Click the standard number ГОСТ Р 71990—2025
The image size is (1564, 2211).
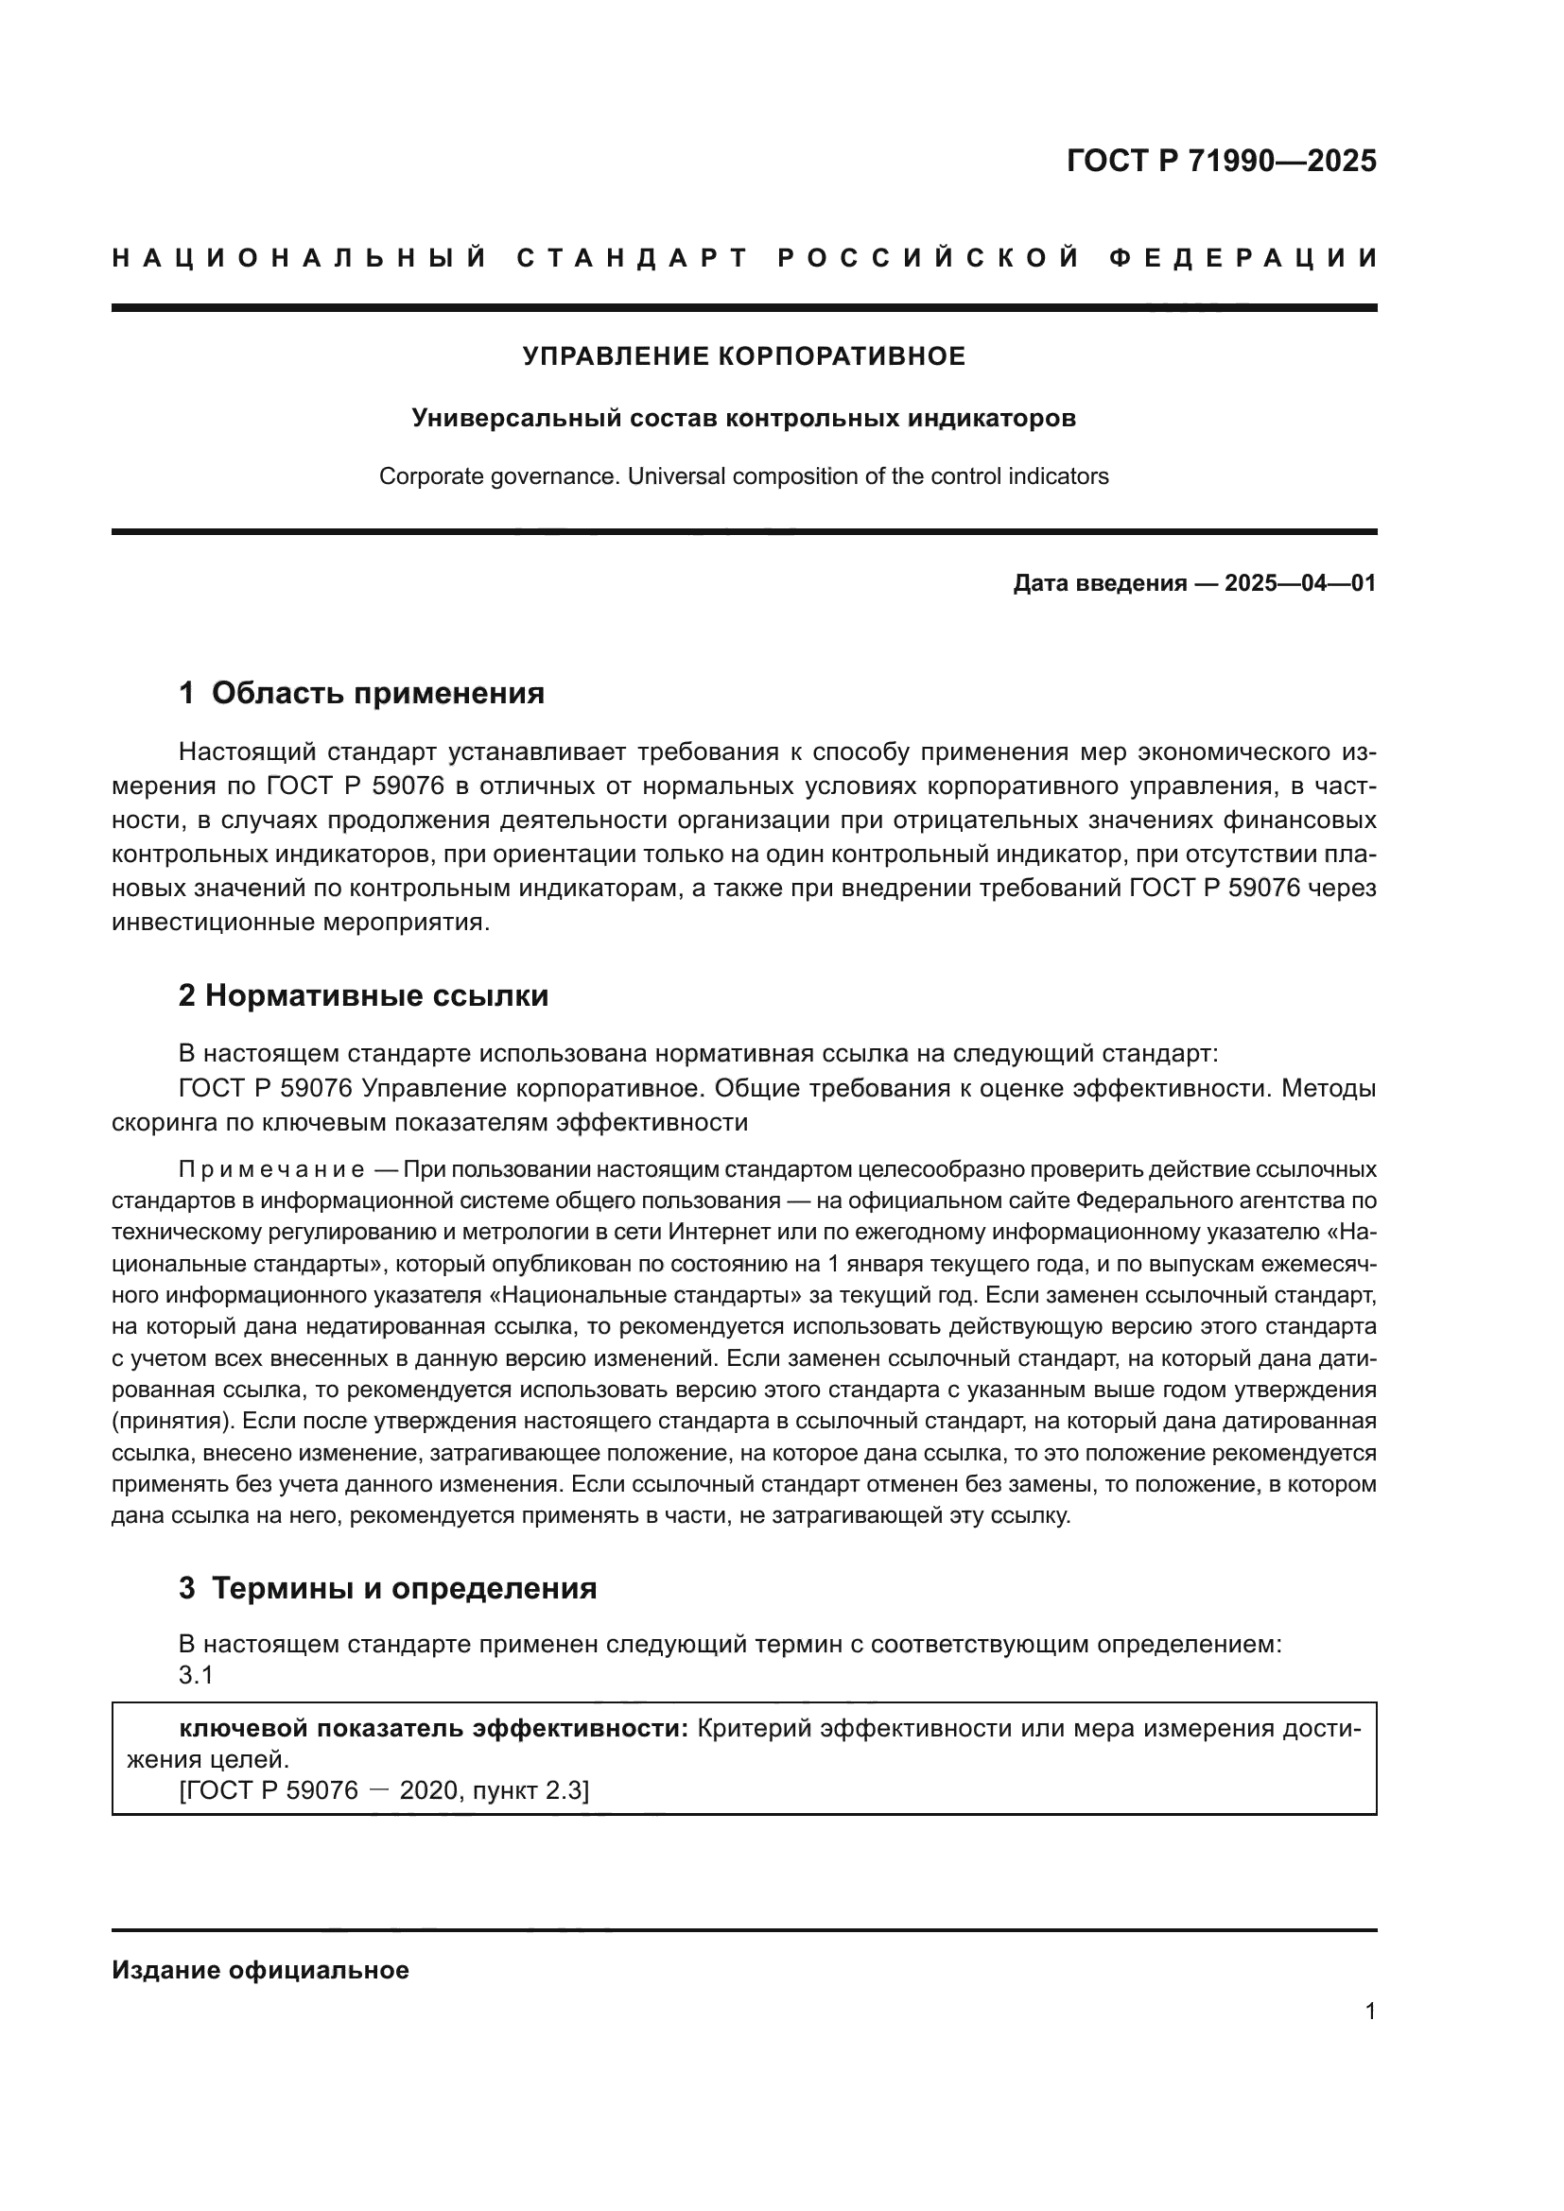pos(1221,161)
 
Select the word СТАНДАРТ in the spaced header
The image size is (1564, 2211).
pos(632,258)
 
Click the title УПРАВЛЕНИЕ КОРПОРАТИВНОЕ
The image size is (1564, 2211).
pos(743,356)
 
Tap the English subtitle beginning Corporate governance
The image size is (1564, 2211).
pos(743,476)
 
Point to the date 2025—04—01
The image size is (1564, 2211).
pos(1300,583)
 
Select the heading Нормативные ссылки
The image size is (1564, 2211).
pos(376,995)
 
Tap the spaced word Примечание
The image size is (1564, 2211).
pos(271,1170)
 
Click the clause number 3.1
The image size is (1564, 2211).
pos(196,1676)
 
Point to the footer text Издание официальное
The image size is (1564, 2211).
pos(260,1970)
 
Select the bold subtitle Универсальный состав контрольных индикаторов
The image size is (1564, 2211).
pos(743,418)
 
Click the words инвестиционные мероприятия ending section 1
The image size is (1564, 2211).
pos(299,923)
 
